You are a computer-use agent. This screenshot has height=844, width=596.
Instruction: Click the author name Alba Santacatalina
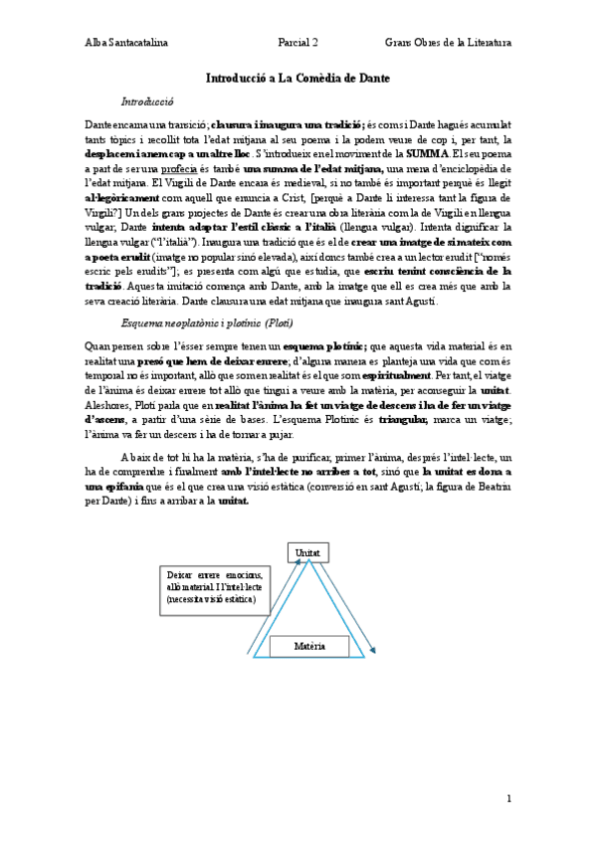[x=125, y=43]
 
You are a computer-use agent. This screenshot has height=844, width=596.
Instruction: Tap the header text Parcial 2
[x=298, y=43]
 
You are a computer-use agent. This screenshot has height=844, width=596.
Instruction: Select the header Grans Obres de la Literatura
[x=448, y=43]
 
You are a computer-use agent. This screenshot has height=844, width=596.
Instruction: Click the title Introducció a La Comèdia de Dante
[x=298, y=78]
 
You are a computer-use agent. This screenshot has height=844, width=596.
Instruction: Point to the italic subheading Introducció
[x=147, y=101]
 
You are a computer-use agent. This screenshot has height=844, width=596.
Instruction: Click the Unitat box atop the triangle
[x=307, y=551]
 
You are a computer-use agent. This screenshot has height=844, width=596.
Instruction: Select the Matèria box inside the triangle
[x=309, y=647]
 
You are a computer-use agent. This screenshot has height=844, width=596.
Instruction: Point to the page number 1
[x=508, y=798]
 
